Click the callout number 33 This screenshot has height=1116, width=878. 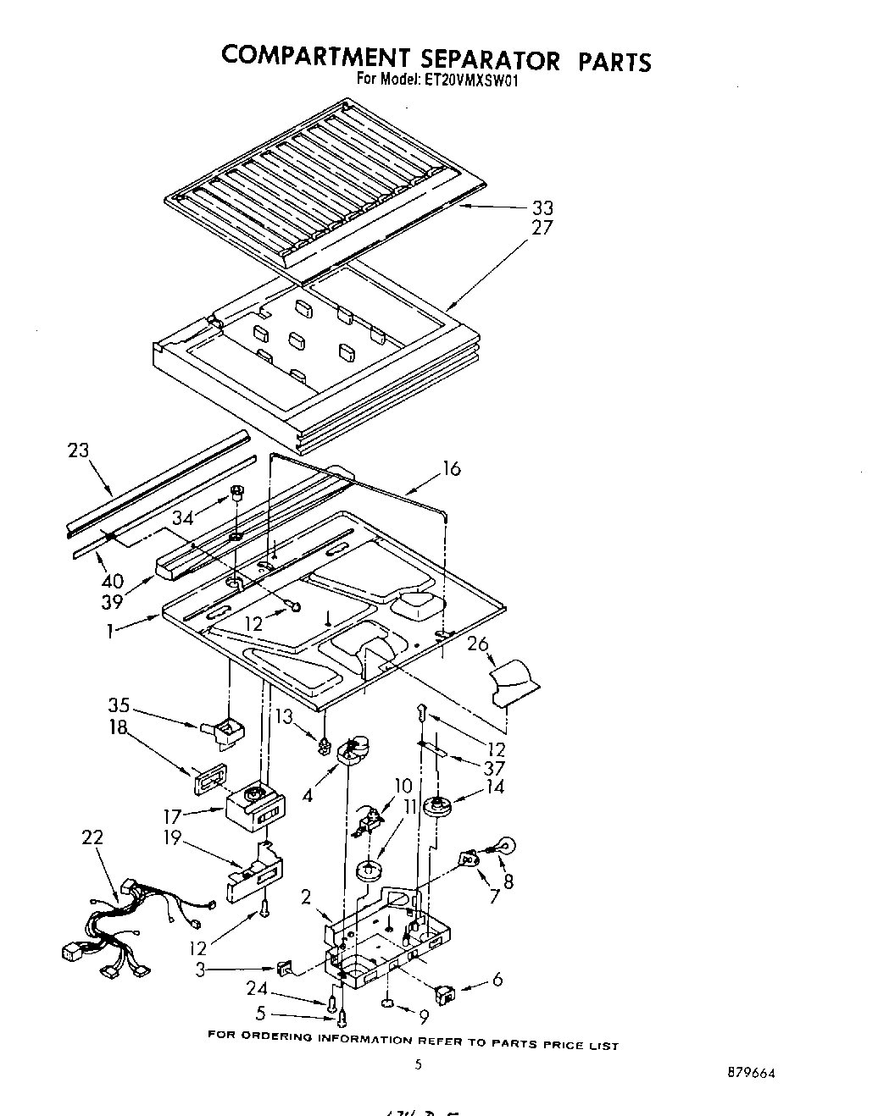coord(542,207)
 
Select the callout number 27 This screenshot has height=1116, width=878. coord(542,227)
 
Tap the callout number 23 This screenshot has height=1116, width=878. coord(78,450)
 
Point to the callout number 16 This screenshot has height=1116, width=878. coord(452,468)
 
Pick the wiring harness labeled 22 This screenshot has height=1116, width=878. coord(127,923)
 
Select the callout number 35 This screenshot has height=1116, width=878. coord(119,704)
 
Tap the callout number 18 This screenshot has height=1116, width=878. coord(118,727)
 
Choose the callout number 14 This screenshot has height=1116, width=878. coord(494,787)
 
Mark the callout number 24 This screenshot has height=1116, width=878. coord(258,989)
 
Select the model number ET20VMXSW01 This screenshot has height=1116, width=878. coord(467,81)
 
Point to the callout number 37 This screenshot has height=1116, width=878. coord(493,768)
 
